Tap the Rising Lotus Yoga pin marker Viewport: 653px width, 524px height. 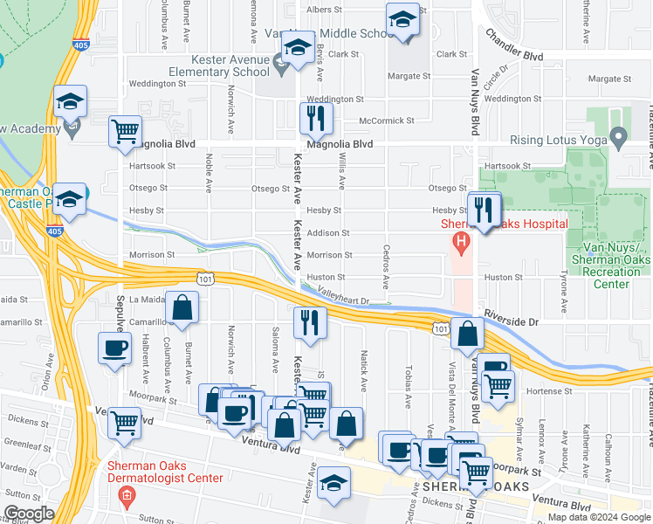tap(619, 136)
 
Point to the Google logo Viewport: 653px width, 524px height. tap(29, 514)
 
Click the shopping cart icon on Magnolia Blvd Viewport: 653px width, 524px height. tap(125, 132)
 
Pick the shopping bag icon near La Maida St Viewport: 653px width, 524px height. tap(183, 308)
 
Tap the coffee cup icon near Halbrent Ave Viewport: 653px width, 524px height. tap(114, 350)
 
